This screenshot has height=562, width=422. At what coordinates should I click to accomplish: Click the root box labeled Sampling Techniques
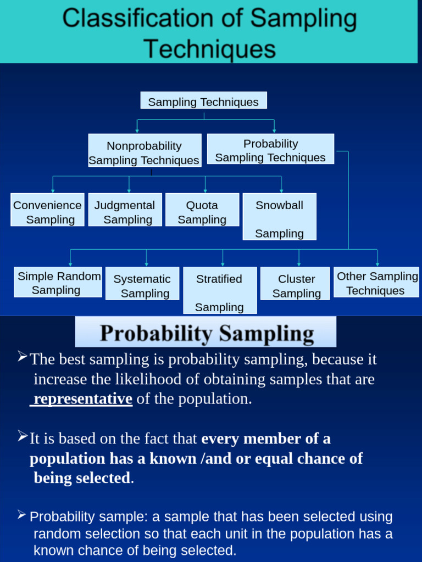pos(203,102)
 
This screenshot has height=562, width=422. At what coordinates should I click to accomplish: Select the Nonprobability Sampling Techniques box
pos(145,153)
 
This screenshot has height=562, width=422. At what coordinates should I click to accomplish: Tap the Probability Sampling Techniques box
pos(270,150)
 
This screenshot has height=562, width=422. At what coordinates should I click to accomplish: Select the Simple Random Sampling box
pos(58,283)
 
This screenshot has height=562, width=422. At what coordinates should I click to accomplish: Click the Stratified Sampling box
pos(220,291)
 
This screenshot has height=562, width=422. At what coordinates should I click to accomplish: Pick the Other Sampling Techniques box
pos(377,283)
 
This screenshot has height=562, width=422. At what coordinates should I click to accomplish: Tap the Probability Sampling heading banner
pos(206,333)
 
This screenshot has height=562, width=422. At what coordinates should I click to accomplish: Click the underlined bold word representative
pos(82,399)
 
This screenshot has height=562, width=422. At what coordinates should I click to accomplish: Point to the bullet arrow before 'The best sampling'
pos(22,358)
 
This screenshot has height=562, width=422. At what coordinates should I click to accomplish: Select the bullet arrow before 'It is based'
pos(22,437)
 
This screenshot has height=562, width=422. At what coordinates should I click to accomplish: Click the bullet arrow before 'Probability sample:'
pos(22,515)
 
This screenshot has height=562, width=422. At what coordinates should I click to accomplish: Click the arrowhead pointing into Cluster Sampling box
pos(299,264)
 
